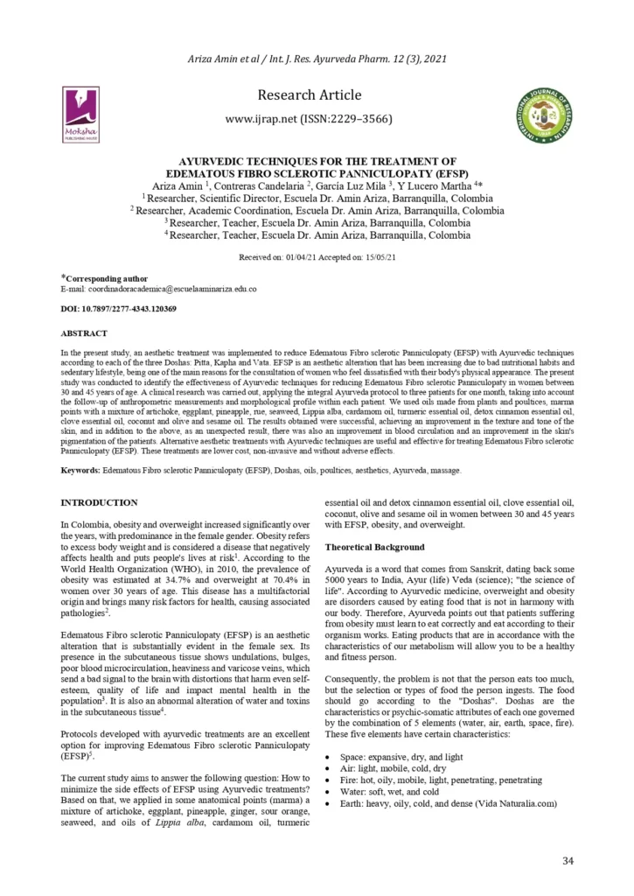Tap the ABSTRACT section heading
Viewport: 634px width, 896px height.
point(84,333)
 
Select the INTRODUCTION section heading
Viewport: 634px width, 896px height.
point(99,502)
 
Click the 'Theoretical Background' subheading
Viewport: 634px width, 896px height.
point(375,547)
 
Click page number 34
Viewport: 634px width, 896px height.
point(568,861)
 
